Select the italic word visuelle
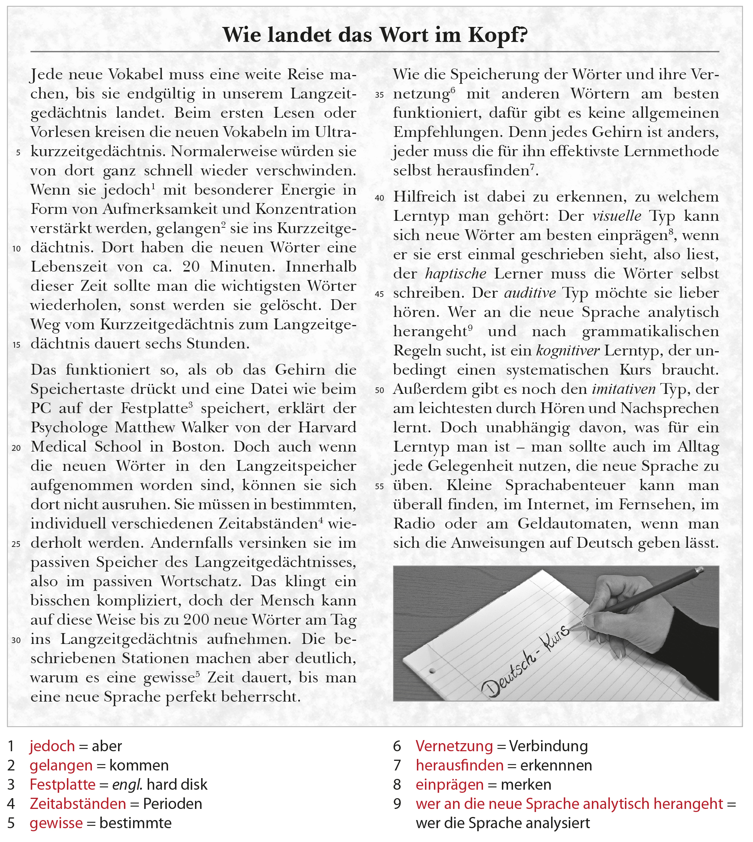[x=616, y=216]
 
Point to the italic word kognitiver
[x=568, y=351]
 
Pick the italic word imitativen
[x=623, y=389]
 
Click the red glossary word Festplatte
[x=62, y=784]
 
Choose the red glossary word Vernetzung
[x=454, y=746]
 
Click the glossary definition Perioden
[x=173, y=804]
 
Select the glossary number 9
[x=397, y=804]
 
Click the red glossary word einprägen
[x=449, y=784]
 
